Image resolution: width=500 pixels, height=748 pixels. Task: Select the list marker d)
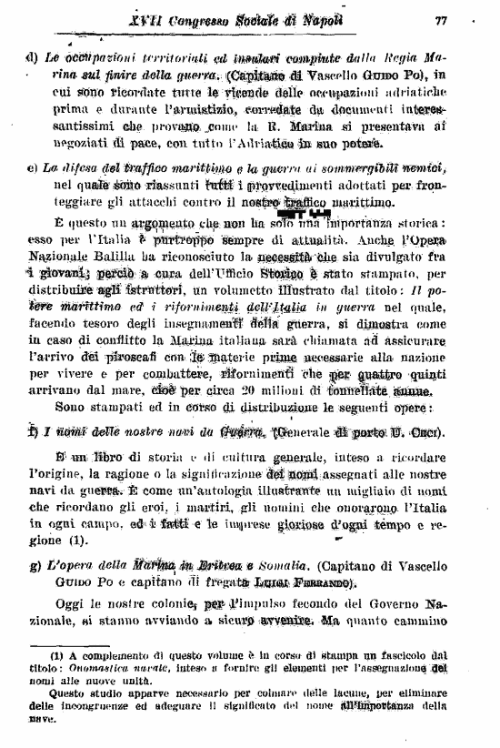point(32,57)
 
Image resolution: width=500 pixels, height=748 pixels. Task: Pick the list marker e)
point(32,168)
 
